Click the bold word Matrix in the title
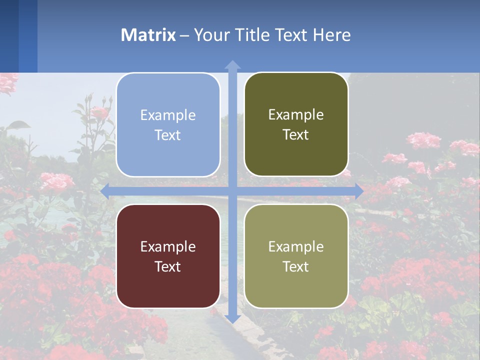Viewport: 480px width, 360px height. [x=148, y=35]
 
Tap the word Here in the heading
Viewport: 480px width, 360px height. [x=331, y=35]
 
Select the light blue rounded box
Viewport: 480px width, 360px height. [x=168, y=125]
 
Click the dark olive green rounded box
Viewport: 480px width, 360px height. [x=296, y=124]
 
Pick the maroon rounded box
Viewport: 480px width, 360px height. [x=168, y=256]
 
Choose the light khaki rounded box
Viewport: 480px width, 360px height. [x=296, y=256]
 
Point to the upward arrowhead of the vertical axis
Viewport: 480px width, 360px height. [x=232, y=64]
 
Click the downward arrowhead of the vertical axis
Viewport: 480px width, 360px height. [x=232, y=318]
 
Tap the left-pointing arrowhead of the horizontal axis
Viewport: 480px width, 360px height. [x=105, y=191]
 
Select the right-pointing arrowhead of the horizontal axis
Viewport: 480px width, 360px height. [x=359, y=191]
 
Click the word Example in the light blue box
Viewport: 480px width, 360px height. [x=168, y=115]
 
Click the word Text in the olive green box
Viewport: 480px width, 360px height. [x=296, y=135]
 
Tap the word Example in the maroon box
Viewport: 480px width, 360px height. [x=168, y=246]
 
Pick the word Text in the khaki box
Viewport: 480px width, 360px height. [x=296, y=266]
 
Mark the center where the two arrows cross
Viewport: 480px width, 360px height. [x=232, y=191]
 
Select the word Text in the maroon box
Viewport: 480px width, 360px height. [x=168, y=266]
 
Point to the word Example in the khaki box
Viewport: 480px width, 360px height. [x=296, y=246]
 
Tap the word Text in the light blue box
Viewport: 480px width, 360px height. [x=168, y=135]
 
